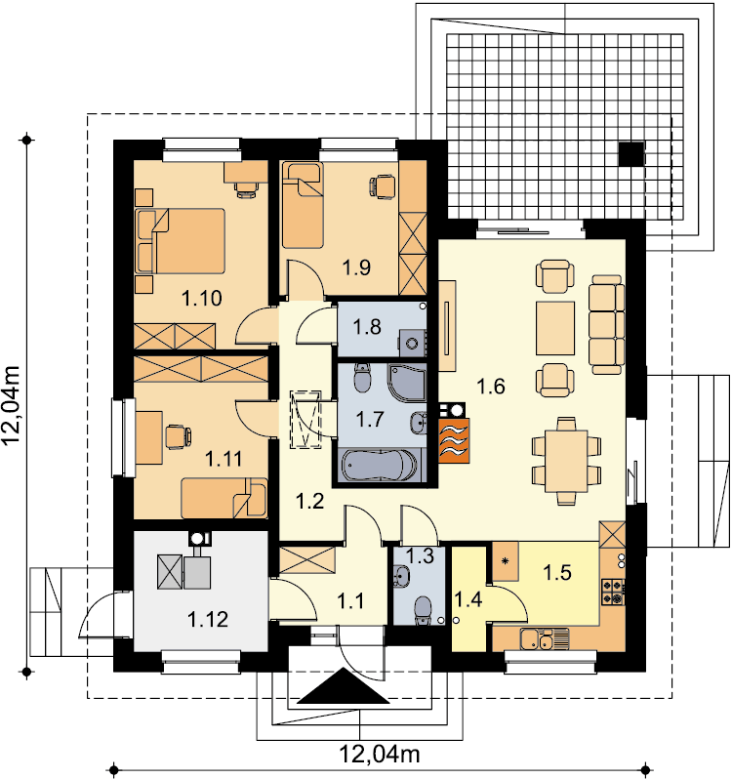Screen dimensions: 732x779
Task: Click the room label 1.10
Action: [x=202, y=299]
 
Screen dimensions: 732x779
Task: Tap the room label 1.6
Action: [x=491, y=386]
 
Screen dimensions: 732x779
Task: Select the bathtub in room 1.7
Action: [x=380, y=466]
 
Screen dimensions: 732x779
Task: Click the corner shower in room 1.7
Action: [x=407, y=382]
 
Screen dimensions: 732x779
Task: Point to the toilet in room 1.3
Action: [x=424, y=610]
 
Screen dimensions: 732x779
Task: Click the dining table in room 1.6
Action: [x=566, y=461]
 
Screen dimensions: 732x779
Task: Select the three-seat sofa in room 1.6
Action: [x=606, y=325]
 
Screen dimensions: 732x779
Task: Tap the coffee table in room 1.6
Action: [x=555, y=328]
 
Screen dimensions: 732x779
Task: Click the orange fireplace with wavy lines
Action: [x=454, y=440]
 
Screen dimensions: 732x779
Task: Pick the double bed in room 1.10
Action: [x=181, y=241]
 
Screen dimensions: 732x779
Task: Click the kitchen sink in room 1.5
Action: [x=545, y=638]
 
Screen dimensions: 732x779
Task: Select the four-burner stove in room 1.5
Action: [x=613, y=592]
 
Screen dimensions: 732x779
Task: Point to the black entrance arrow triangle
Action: [x=344, y=686]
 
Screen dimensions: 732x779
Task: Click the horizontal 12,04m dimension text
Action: [x=380, y=755]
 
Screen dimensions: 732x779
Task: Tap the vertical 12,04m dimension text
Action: [x=11, y=405]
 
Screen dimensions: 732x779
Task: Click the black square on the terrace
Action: [x=631, y=153]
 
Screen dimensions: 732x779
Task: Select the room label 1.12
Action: [x=208, y=620]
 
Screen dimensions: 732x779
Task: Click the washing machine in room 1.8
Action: [x=412, y=344]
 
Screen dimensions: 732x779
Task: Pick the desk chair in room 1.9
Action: [x=383, y=186]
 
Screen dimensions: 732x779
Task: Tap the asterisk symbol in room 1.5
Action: [x=506, y=561]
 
